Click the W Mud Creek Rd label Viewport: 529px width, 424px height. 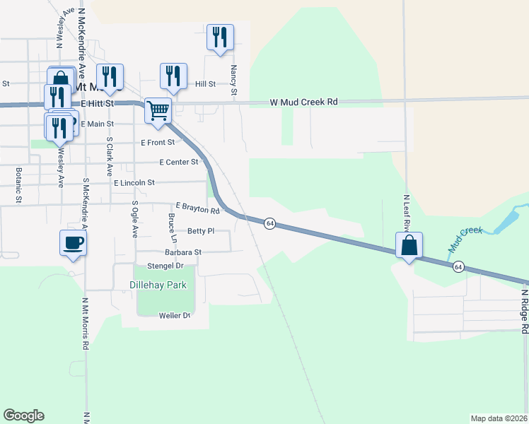coord(304,102)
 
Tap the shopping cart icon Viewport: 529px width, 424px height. coord(158,110)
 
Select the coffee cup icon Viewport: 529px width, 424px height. coord(73,243)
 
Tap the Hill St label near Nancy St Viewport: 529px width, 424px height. coord(205,84)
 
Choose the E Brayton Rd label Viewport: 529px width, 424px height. coord(197,206)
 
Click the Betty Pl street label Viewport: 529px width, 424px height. coord(200,231)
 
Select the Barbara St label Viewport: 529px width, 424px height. coord(183,252)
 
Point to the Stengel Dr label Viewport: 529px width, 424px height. coord(165,266)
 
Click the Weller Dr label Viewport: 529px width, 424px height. coord(175,315)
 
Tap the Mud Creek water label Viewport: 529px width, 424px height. coord(465,240)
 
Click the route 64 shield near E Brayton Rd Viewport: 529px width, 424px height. coord(270,223)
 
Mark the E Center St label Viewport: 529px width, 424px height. coord(179,162)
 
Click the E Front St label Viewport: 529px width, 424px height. coord(158,142)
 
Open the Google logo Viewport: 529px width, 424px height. coord(23,416)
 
